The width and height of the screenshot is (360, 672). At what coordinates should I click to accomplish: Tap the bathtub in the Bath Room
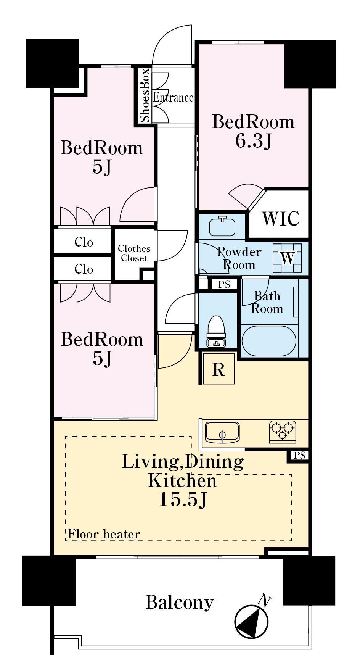pos(269,340)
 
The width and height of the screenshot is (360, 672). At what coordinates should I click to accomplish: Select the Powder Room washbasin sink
pos(222,226)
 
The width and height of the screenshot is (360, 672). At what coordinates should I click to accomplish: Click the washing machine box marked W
pos(288,258)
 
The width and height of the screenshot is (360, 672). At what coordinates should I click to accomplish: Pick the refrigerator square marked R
pos(219,369)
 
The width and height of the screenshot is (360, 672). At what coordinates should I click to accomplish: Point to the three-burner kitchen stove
pos(283,432)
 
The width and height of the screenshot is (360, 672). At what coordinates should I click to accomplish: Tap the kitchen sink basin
pos(222,432)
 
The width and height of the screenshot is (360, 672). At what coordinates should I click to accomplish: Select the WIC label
pos(281,219)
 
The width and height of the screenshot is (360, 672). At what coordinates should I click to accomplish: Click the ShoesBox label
pos(145,95)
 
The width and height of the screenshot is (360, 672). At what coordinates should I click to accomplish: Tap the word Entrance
pos(173,98)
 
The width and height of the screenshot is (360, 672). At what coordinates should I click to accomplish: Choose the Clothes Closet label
pos(134,253)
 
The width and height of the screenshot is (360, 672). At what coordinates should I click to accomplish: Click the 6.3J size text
pos(253,141)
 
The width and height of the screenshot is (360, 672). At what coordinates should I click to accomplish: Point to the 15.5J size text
pos(183,499)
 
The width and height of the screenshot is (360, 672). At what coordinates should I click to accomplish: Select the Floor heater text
pos(104,534)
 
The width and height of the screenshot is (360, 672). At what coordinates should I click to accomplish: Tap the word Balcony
pos(179,603)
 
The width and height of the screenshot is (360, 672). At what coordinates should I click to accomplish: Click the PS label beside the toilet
pos(224,284)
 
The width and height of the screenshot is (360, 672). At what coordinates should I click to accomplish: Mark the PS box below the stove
pos(300,455)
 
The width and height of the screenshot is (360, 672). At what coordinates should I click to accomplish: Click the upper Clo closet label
pos(84,242)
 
